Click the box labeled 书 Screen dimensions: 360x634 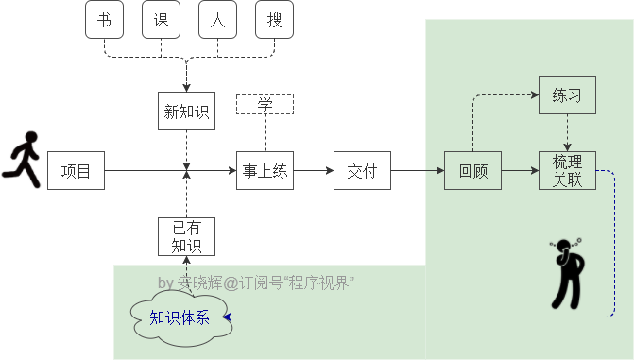pyautogui.click(x=104, y=20)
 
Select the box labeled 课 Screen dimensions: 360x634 pyautogui.click(x=161, y=20)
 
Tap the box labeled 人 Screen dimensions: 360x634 pyautogui.click(x=217, y=20)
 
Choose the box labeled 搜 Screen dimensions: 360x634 pyautogui.click(x=274, y=20)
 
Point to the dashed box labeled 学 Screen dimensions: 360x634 pyautogui.click(x=265, y=104)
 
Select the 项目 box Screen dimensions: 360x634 pyautogui.click(x=76, y=171)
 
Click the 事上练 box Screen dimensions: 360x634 pyautogui.click(x=265, y=171)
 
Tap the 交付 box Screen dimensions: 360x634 pyautogui.click(x=362, y=171)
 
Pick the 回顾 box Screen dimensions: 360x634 pyautogui.click(x=472, y=171)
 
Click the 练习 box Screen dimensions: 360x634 pyautogui.click(x=567, y=95)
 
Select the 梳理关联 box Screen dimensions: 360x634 pyautogui.click(x=567, y=171)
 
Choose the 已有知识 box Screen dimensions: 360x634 pyautogui.click(x=186, y=237)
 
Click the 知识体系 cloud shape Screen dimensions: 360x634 pyautogui.click(x=180, y=317)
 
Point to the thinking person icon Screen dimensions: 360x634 pyautogui.click(x=567, y=273)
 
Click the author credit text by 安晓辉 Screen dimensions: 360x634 pyautogui.click(x=255, y=283)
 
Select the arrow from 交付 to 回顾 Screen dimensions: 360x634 pyautogui.click(x=417, y=171)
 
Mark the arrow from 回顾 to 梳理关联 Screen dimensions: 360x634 pyautogui.click(x=520, y=171)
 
